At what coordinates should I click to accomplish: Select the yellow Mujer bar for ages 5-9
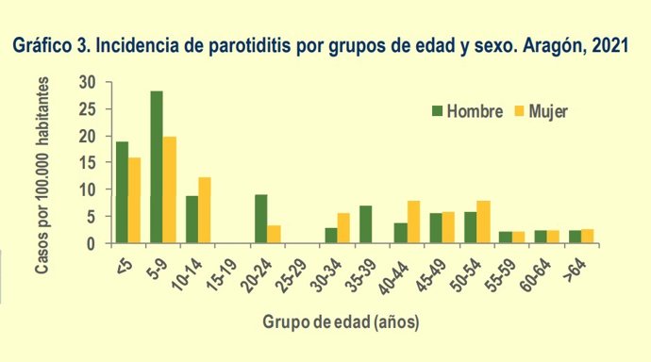tap(170, 189)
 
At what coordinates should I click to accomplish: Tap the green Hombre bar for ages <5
tap(122, 192)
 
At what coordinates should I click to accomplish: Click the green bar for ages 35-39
tap(366, 224)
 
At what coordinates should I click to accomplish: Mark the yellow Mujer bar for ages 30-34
tap(343, 228)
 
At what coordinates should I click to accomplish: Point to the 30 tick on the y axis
tap(92, 83)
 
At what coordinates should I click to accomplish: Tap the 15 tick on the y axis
tap(92, 163)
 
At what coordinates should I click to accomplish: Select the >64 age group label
tap(578, 261)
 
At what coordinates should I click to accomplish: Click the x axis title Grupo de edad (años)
tap(341, 321)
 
